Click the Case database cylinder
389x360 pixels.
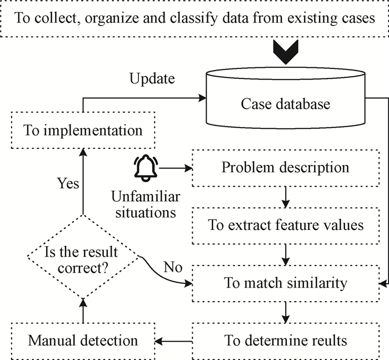(x=285, y=104)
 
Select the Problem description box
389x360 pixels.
(x=285, y=167)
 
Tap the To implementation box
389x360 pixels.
(x=83, y=132)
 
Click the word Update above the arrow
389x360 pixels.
(x=152, y=78)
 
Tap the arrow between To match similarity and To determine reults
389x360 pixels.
(x=285, y=311)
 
